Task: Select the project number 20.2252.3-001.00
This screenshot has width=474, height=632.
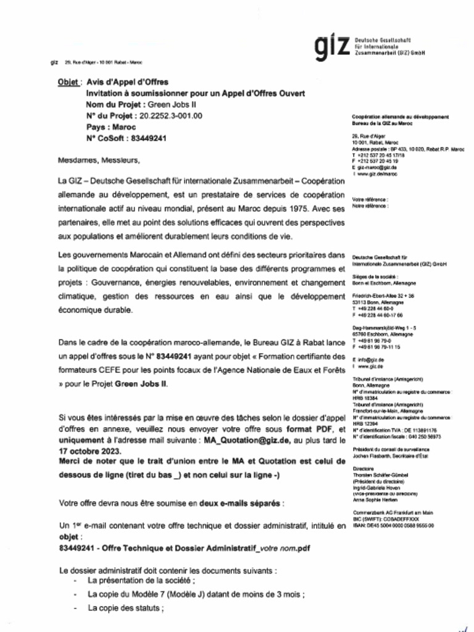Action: [x=171, y=115]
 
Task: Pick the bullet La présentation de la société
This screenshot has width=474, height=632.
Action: [x=141, y=581]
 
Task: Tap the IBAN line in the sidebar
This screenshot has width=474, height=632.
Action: [x=392, y=525]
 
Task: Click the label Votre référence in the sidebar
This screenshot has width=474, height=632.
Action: [x=369, y=200]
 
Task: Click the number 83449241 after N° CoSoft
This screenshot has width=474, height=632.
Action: [x=149, y=138]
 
